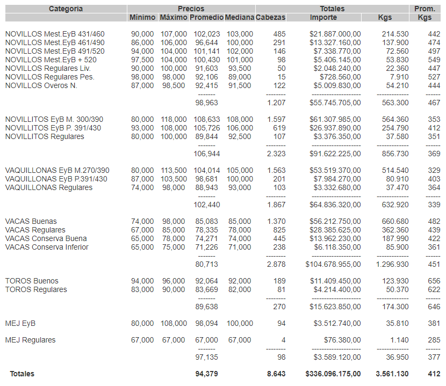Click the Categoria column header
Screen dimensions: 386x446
point(66,9)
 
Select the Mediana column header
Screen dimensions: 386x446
point(239,17)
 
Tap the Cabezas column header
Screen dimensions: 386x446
point(271,17)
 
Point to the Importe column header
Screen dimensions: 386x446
point(323,17)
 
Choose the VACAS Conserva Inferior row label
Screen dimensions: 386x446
point(47,247)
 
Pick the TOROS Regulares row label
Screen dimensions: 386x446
point(36,289)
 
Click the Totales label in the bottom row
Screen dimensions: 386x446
point(22,374)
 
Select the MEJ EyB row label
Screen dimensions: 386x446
point(20,323)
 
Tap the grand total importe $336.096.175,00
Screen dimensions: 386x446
point(333,374)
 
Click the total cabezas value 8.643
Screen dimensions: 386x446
point(276,374)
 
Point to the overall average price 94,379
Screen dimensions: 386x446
point(207,374)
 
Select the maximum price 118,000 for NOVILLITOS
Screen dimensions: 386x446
point(174,119)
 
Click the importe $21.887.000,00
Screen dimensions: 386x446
point(335,34)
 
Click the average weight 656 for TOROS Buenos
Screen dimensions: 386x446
point(434,281)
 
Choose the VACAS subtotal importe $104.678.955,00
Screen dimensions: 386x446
point(333,264)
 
